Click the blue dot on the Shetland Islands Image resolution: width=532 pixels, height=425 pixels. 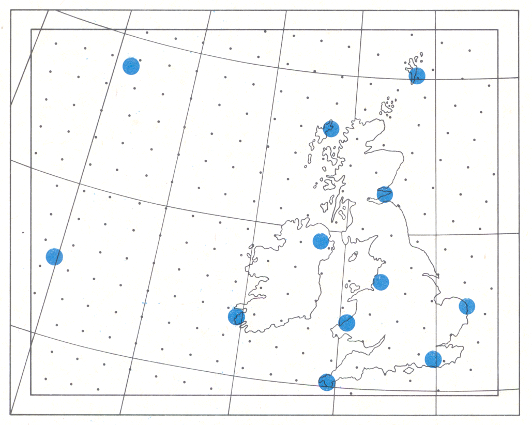tap(417, 75)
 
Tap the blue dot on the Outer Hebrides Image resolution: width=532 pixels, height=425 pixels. tap(331, 128)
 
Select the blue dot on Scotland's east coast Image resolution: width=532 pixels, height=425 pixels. tap(385, 194)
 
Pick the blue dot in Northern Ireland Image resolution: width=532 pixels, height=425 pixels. tap(321, 241)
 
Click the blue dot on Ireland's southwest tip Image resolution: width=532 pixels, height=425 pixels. tap(236, 316)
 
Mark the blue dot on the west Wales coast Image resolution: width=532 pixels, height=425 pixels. tap(347, 323)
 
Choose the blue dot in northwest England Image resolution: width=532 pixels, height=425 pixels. tap(381, 282)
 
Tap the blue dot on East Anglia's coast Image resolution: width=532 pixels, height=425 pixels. tap(467, 306)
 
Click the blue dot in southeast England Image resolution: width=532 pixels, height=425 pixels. tap(433, 359)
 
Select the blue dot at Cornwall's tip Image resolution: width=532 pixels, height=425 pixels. tap(326, 382)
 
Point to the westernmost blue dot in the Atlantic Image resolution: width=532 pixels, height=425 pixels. tap(54, 256)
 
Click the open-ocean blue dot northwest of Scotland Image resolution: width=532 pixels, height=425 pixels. tap(131, 66)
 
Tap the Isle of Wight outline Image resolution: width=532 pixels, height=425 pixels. tap(408, 370)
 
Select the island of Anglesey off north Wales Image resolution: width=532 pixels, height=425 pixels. tap(353, 286)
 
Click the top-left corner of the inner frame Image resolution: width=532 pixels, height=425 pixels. tap(31, 29)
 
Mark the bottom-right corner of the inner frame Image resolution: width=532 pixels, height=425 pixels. tap(498, 395)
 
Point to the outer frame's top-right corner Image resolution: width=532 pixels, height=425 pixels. tap(519, 10)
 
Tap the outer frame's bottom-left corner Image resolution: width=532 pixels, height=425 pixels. tap(10, 414)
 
